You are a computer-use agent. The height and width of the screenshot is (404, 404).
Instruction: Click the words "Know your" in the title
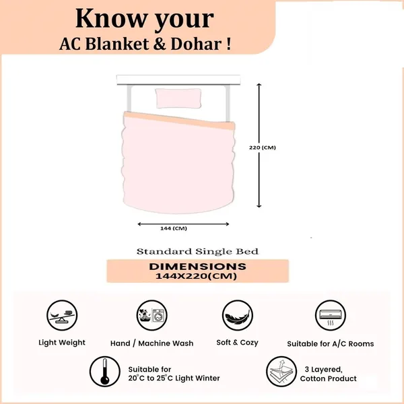(145, 19)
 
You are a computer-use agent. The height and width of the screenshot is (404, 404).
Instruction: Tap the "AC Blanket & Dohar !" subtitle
(145, 44)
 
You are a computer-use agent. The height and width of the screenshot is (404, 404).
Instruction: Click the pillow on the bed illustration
(178, 98)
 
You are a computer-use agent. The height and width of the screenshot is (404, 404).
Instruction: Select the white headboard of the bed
(178, 79)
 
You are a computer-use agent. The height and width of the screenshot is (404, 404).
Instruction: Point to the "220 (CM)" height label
(263, 147)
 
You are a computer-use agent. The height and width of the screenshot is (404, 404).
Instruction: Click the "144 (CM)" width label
(174, 228)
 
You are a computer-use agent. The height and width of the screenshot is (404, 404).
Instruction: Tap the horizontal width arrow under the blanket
(183, 224)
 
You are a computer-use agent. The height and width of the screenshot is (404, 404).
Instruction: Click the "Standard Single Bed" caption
(197, 251)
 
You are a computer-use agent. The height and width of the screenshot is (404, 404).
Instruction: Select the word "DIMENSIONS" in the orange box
(197, 267)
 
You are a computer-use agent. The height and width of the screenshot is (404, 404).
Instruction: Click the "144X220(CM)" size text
(196, 276)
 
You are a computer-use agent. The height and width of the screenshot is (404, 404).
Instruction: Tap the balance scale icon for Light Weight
(62, 315)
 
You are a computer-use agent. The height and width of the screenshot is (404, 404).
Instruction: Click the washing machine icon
(152, 315)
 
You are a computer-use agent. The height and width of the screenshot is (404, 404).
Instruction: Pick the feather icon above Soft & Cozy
(237, 315)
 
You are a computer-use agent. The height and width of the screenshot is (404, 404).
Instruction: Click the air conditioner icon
(331, 315)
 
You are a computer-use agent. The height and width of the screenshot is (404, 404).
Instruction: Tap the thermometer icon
(105, 372)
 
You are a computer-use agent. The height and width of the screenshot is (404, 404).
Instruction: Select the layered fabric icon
(281, 372)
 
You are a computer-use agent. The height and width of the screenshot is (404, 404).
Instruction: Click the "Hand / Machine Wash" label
(151, 343)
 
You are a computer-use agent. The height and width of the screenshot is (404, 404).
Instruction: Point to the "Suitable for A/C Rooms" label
(331, 343)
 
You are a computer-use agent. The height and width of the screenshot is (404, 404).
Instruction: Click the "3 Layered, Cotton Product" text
(329, 374)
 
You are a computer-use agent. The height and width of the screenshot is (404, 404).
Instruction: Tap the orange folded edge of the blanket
(179, 121)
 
